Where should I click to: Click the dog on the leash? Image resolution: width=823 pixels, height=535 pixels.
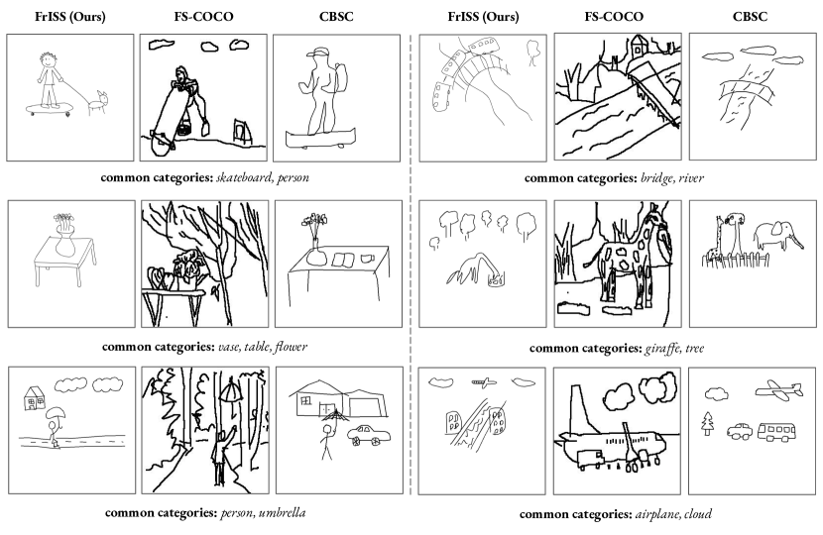[x=98, y=103]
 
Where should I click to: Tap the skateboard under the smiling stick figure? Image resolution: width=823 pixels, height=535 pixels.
[x=50, y=109]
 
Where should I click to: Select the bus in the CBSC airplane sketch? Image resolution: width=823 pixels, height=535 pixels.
[x=776, y=432]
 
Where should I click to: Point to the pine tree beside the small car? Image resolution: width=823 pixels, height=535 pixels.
[x=708, y=423]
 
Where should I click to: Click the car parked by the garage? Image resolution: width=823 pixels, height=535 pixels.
[x=369, y=435]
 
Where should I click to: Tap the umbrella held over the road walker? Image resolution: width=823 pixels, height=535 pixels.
[x=56, y=413]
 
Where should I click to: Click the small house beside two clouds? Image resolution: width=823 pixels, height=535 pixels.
[x=34, y=398]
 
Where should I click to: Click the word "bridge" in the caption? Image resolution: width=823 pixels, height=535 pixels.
[x=656, y=178]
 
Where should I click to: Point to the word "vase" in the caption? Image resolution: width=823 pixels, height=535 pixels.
[x=228, y=347]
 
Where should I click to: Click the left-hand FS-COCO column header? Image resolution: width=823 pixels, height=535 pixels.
[x=203, y=16]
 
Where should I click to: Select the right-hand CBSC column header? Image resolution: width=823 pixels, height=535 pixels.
[x=750, y=16]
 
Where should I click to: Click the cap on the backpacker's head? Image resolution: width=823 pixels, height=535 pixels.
[x=318, y=52]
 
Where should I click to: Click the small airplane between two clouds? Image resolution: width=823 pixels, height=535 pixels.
[x=484, y=382]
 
